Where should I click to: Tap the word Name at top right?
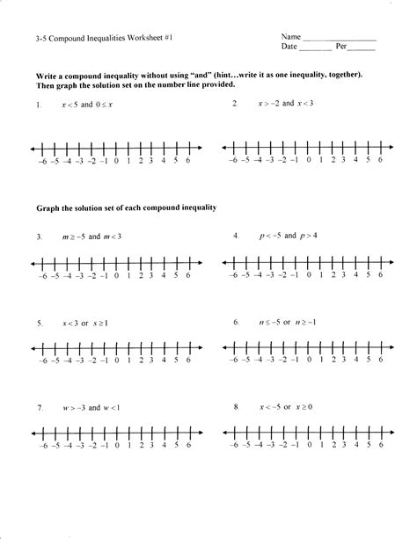[291, 37]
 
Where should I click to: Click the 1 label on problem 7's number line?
[128, 447]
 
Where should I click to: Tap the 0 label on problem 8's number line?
[308, 447]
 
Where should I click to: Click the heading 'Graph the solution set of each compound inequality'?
[126, 208]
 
